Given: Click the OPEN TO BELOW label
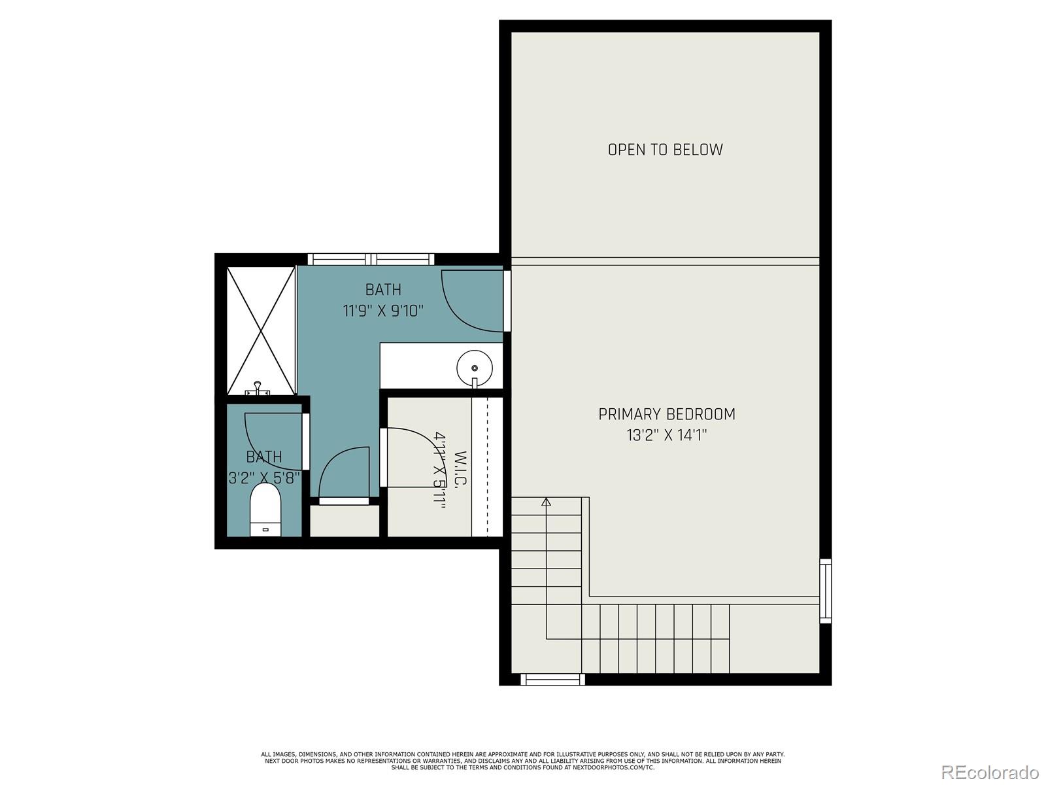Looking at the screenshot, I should [x=665, y=150].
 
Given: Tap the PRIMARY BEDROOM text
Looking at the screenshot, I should [x=666, y=414].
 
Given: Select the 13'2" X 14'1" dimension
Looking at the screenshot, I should [x=666, y=435].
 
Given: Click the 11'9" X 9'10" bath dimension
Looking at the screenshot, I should [x=383, y=310].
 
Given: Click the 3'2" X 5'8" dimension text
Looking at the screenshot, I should [x=264, y=478].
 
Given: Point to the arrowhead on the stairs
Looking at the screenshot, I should [x=547, y=502].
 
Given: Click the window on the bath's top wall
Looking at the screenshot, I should [x=371, y=259].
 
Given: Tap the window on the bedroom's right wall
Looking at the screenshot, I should [x=826, y=591].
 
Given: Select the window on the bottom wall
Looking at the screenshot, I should [x=552, y=680].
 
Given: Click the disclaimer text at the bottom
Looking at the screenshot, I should [x=522, y=761].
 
